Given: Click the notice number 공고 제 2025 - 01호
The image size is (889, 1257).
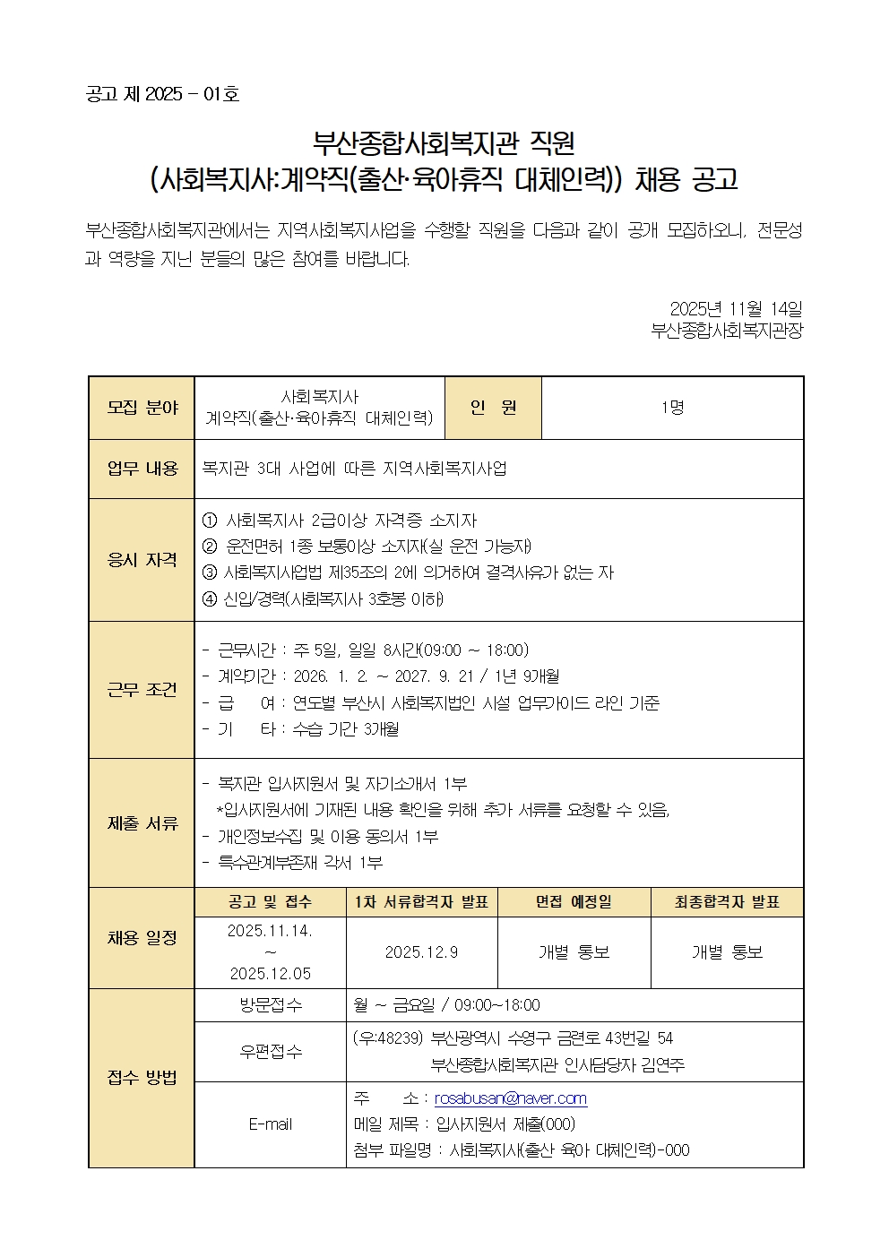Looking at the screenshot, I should (162, 94).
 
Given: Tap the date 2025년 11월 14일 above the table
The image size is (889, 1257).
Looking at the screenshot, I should (736, 308).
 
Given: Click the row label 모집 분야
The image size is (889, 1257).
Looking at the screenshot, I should (142, 408).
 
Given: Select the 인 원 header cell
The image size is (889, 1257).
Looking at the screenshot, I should (493, 408).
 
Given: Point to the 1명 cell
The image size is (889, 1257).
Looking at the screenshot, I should (672, 408).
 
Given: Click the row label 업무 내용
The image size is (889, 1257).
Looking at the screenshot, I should (142, 469).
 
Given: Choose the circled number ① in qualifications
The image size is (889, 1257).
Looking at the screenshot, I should (211, 521).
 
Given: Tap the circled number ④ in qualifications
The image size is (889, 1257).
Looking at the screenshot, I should (211, 598).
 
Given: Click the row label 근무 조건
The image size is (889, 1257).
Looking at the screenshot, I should (142, 689).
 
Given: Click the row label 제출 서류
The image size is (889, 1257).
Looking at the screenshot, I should (142, 822).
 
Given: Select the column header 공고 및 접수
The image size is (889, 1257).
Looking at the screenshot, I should (270, 902).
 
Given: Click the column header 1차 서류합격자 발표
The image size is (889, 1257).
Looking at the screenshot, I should (421, 902).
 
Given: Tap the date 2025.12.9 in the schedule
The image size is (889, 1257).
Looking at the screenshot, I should (421, 952).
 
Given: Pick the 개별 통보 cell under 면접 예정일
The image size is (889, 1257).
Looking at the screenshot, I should (574, 952).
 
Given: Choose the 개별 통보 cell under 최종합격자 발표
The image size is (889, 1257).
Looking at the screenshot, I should (727, 952).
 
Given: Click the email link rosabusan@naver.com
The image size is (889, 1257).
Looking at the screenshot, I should (510, 1098).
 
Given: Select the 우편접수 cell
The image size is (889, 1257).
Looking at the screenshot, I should (270, 1052).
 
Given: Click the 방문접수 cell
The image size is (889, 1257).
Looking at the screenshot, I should (270, 1005).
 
